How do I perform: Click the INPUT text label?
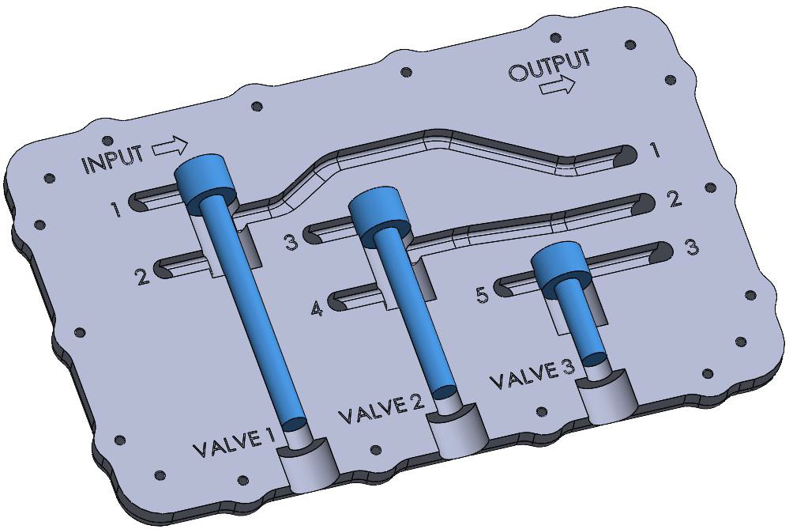click(113, 160)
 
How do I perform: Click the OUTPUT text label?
click(549, 66)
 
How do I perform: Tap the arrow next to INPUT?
click(170, 147)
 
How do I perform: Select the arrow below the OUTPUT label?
click(558, 85)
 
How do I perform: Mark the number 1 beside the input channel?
click(116, 210)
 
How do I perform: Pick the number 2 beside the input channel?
click(141, 278)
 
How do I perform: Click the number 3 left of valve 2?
click(291, 242)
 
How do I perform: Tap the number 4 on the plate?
click(317, 308)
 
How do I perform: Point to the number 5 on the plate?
click(482, 295)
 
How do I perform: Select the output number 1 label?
click(655, 150)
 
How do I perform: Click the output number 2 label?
click(674, 198)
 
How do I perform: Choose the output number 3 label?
click(691, 247)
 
